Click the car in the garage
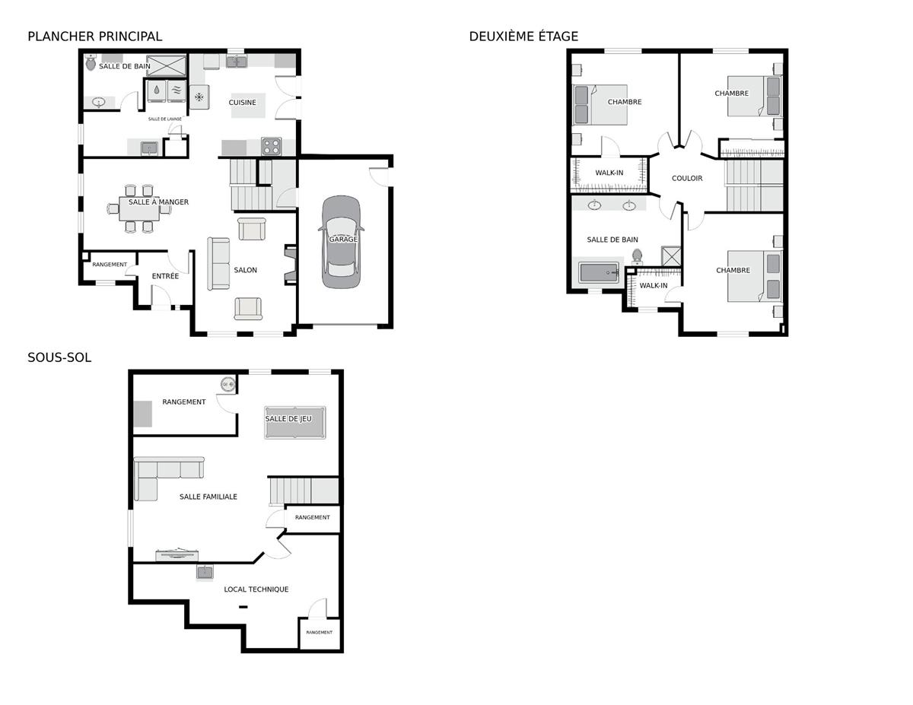click(x=341, y=243)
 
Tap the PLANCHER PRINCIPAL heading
click(x=94, y=37)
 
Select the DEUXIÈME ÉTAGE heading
click(x=523, y=37)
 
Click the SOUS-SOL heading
click(x=59, y=357)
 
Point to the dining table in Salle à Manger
click(x=139, y=208)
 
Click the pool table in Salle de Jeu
click(x=295, y=422)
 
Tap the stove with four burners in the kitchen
click(x=271, y=147)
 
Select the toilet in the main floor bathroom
click(x=91, y=63)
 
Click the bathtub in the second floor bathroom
click(x=599, y=272)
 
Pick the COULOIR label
click(x=687, y=179)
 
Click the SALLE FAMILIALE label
click(x=208, y=497)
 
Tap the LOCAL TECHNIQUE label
click(x=256, y=589)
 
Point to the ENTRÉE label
click(x=165, y=276)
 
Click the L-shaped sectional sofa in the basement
click(x=164, y=474)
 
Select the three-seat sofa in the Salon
click(x=218, y=264)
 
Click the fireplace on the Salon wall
click(x=290, y=264)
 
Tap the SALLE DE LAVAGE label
click(x=164, y=119)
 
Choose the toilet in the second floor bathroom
click(x=637, y=256)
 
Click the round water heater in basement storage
click(x=228, y=384)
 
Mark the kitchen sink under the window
click(x=237, y=62)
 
